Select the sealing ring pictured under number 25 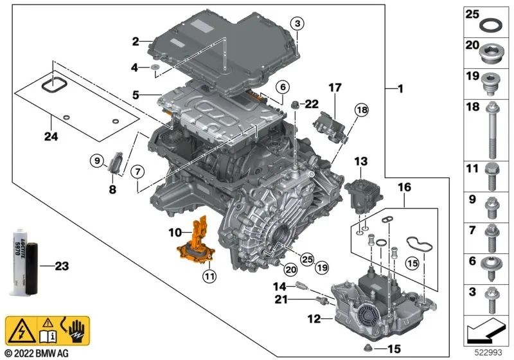pos(490,27)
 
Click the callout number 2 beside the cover pos(136,41)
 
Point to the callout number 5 pos(136,94)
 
